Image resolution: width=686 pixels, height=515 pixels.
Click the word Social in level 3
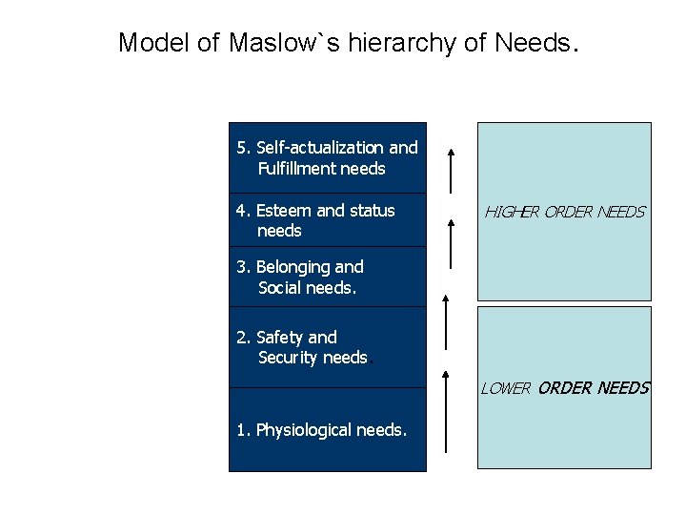[280, 287]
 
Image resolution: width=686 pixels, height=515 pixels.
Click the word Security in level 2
[287, 358]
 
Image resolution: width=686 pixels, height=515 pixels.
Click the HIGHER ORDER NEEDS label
[564, 212]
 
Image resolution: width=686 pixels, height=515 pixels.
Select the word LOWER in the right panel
[505, 388]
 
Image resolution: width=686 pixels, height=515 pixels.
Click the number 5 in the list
[242, 148]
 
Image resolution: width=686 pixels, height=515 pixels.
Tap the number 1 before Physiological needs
[242, 430]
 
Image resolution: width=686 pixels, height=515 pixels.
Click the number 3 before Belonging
[242, 267]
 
